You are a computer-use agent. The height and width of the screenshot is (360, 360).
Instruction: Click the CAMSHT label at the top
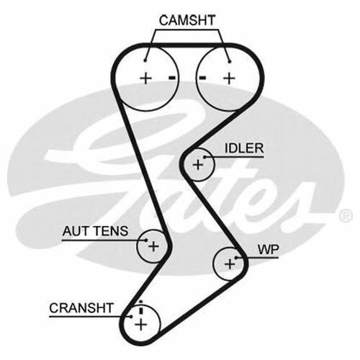tap(187, 20)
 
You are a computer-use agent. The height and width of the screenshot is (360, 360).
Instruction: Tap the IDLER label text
tap(244, 148)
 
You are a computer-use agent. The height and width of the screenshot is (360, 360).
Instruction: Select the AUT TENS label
tap(95, 231)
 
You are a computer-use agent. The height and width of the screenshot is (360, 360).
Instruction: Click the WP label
tap(269, 250)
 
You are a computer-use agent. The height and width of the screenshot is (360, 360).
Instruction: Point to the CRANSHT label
tap(81, 308)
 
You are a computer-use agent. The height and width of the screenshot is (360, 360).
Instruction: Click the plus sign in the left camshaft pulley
tap(145, 78)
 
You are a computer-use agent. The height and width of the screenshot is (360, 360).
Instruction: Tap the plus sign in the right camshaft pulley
tap(230, 78)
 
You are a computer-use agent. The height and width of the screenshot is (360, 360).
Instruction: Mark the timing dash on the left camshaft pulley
tap(172, 78)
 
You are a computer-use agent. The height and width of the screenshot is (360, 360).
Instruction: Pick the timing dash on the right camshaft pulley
tap(202, 78)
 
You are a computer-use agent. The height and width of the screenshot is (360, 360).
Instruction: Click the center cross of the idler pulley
tap(198, 165)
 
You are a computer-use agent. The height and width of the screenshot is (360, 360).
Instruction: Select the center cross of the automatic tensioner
tap(153, 246)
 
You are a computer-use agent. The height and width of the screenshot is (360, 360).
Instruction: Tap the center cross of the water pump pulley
tap(230, 264)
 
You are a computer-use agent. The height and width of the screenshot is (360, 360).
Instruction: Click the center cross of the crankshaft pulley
tap(141, 325)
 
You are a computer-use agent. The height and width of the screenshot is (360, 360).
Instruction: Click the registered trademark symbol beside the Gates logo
tap(346, 216)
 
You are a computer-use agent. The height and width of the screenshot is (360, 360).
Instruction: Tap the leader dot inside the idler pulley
tap(204, 157)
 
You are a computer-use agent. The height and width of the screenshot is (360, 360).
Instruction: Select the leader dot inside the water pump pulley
tap(236, 258)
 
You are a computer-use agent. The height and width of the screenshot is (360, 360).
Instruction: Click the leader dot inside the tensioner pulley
tap(146, 240)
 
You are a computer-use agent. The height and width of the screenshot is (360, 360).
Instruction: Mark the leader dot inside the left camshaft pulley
tap(145, 60)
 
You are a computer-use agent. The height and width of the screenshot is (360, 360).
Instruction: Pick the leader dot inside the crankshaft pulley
tap(131, 317)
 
